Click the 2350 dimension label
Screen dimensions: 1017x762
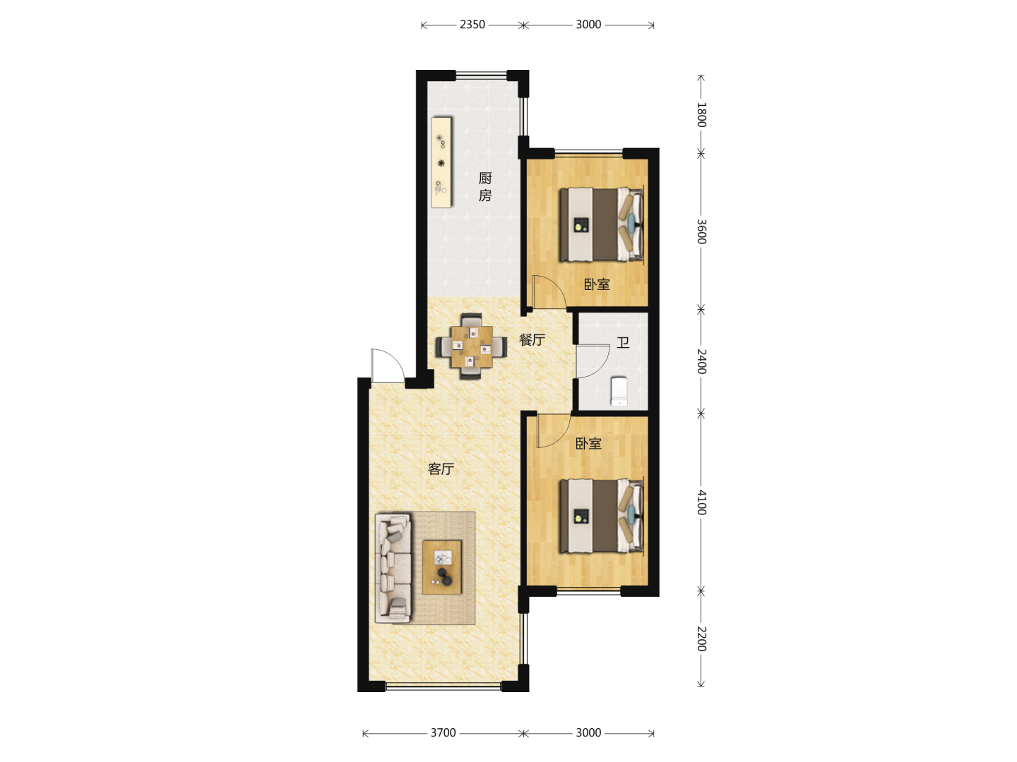click(x=472, y=25)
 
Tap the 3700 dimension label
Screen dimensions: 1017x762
click(x=443, y=732)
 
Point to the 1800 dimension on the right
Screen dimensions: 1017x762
click(x=701, y=115)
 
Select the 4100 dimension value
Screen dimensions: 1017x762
click(x=701, y=502)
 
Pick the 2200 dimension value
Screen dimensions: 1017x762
click(x=701, y=639)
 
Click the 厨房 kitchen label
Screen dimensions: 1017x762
click(x=484, y=187)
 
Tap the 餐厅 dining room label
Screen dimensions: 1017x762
click(x=532, y=340)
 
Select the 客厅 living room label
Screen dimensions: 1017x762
click(x=441, y=469)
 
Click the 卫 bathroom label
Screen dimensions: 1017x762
click(x=623, y=343)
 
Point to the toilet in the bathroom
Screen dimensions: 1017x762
click(x=619, y=392)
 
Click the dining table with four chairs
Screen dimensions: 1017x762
click(x=471, y=346)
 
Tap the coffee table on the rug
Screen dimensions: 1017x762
click(x=441, y=567)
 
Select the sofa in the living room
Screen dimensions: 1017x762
click(x=393, y=568)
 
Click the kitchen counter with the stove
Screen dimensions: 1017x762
click(x=441, y=162)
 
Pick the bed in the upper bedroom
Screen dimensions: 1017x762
click(x=602, y=224)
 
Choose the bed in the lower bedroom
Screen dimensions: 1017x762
click(x=602, y=516)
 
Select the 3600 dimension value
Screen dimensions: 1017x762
click(x=701, y=231)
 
